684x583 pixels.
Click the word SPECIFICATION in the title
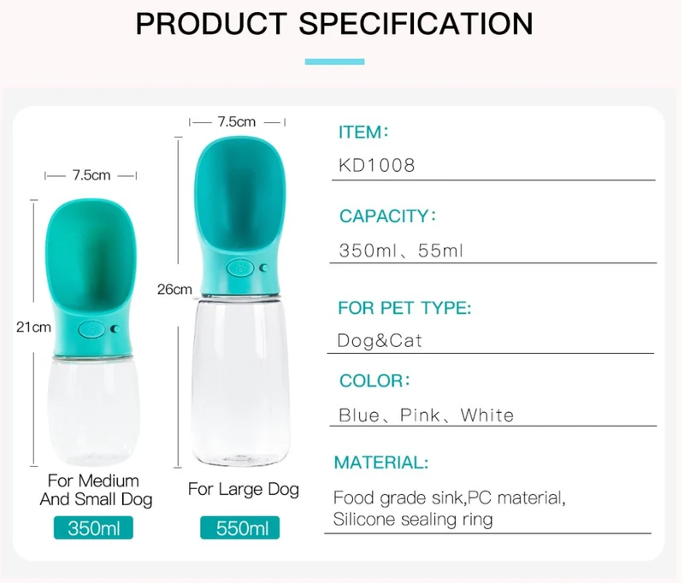pos(416,24)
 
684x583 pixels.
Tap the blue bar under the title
pos(334,62)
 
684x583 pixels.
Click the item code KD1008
pos(377,165)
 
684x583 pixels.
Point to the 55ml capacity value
pos(440,250)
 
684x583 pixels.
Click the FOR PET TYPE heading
pos(404,308)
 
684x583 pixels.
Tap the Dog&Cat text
pos(380,340)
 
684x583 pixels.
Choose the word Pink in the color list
pos(420,415)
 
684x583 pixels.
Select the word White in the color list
pos(487,415)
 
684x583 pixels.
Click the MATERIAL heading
pos(381,462)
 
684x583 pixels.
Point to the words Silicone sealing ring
pos(413,520)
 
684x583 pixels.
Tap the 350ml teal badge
pos(93,528)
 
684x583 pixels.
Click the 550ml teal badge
pos(240,528)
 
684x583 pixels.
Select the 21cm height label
pos(33,327)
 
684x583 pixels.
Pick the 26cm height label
pos(174,289)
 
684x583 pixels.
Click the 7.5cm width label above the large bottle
pos(237,121)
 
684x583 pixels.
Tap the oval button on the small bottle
pos(91,329)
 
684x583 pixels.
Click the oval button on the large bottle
pos(240,268)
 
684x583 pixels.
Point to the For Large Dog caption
pos(244,489)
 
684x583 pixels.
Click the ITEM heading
pos(363,132)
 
